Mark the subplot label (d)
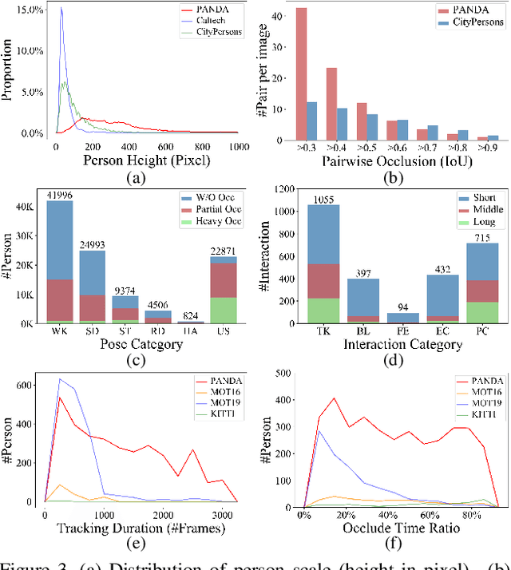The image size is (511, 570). pyautogui.click(x=382, y=360)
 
